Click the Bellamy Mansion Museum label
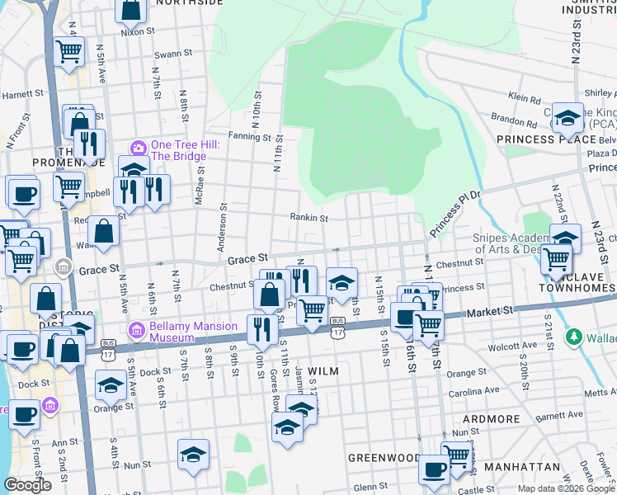172,332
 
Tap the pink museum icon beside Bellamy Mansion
137,332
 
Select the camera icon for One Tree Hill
138,148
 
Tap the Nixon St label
138,32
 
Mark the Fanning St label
239,135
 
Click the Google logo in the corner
28,485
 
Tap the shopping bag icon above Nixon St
130,10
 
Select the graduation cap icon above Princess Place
568,119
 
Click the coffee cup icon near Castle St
434,469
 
